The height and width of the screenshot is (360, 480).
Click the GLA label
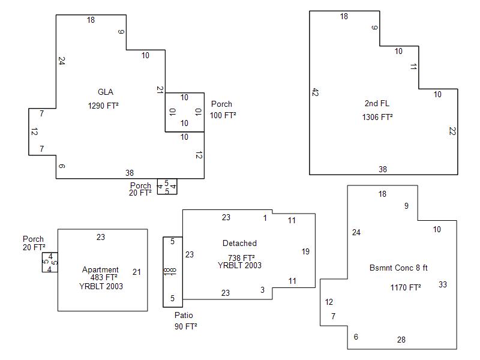(106, 92)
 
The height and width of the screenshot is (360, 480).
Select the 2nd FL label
(377, 104)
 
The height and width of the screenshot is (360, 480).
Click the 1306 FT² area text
(377, 118)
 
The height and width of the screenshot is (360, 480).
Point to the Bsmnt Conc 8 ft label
(398, 268)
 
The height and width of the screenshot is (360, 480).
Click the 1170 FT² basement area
(406, 287)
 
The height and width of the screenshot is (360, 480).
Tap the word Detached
(239, 244)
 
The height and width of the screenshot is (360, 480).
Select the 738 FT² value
(239, 257)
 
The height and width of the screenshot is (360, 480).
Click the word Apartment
(100, 270)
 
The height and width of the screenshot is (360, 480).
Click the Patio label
(184, 316)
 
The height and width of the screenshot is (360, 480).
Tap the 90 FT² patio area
(185, 327)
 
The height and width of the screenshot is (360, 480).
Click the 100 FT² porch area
(223, 115)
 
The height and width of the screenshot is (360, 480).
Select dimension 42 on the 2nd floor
(315, 92)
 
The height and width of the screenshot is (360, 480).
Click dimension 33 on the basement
(443, 284)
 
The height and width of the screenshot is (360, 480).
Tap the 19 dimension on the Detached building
(305, 252)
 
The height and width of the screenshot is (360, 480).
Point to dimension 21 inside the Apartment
(137, 272)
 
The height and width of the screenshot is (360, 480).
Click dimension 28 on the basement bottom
(401, 340)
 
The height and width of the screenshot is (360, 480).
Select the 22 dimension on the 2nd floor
(452, 131)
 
